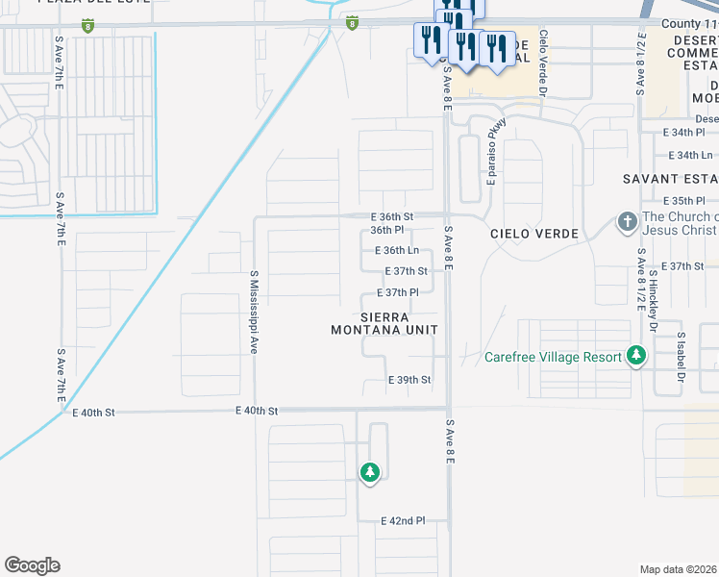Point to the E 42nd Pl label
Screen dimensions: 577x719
coord(403,521)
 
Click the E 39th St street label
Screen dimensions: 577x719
coord(409,381)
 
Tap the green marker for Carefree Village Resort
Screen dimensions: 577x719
coord(635,356)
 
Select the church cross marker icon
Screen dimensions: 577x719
coord(627,222)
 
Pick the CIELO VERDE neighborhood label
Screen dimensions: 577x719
coord(534,235)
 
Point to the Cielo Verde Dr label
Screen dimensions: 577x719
coord(543,63)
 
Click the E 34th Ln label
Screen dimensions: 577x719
coord(689,155)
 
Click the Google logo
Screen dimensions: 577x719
coord(32,565)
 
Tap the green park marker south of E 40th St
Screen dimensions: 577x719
coord(370,472)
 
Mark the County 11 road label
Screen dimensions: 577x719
coord(689,22)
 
